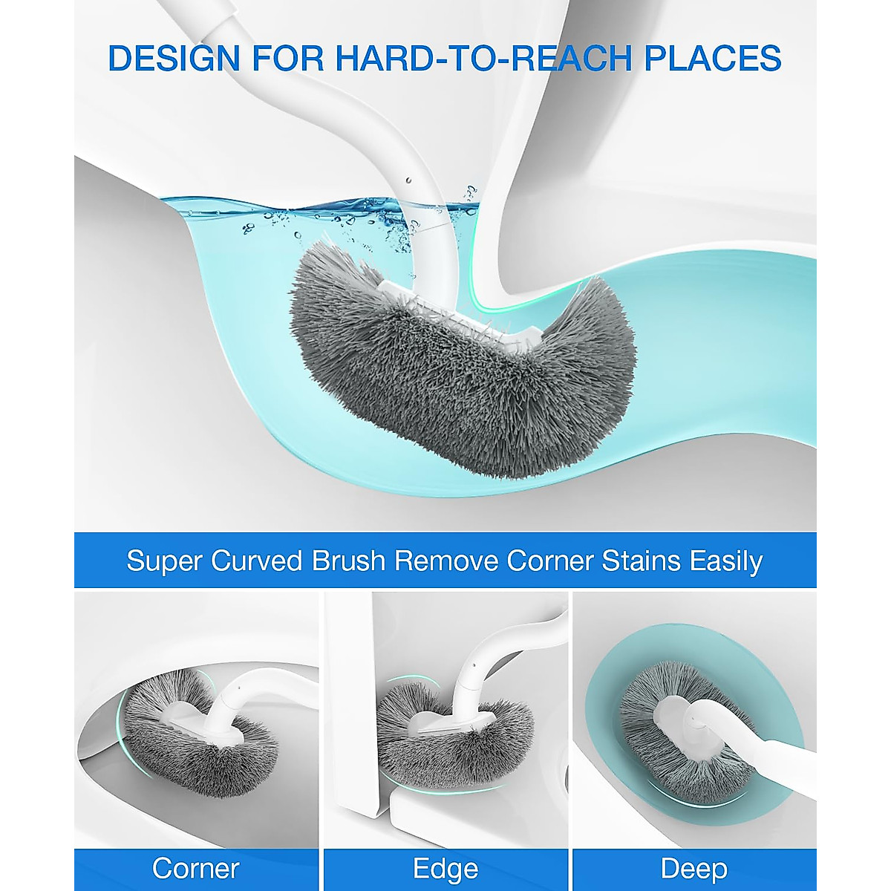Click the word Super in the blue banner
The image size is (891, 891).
tap(163, 561)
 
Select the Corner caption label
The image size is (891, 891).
tap(196, 868)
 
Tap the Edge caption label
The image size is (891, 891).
tap(446, 868)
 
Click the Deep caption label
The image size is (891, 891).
tap(694, 868)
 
